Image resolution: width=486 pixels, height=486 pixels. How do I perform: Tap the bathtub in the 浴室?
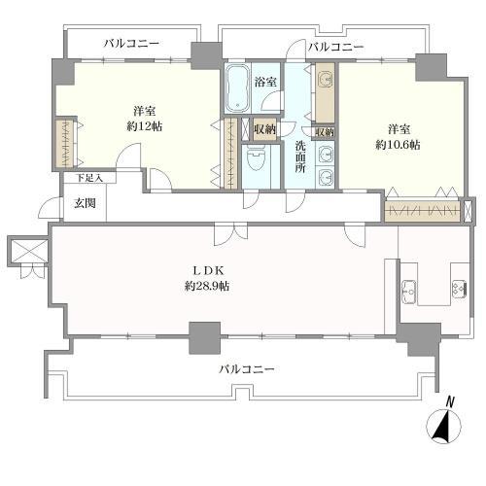point(237,87)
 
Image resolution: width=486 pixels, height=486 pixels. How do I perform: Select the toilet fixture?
point(256,158)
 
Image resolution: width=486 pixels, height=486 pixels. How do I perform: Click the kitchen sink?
point(409,291)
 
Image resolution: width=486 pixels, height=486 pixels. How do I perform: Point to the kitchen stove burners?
point(459,288)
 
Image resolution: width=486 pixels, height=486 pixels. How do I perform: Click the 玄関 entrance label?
point(85,203)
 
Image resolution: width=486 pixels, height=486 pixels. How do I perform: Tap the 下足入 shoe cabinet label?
point(89,178)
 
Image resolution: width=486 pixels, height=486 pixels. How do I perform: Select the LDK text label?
point(208,270)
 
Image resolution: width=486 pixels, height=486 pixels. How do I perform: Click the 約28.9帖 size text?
point(207,286)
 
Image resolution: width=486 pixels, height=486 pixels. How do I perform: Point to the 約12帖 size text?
point(145,126)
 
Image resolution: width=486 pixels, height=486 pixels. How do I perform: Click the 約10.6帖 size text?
point(398,145)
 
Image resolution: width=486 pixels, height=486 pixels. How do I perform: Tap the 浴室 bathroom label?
point(265,82)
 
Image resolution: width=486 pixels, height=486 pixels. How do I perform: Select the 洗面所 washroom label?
point(300,157)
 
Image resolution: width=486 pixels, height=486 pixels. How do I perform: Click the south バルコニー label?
point(247,369)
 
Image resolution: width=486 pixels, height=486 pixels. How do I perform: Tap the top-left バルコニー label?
point(131,44)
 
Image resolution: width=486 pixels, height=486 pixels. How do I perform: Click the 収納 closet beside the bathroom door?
point(264,129)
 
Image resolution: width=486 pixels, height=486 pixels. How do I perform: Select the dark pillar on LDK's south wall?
point(204,337)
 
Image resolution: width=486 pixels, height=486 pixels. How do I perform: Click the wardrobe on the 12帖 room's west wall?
point(65,143)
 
